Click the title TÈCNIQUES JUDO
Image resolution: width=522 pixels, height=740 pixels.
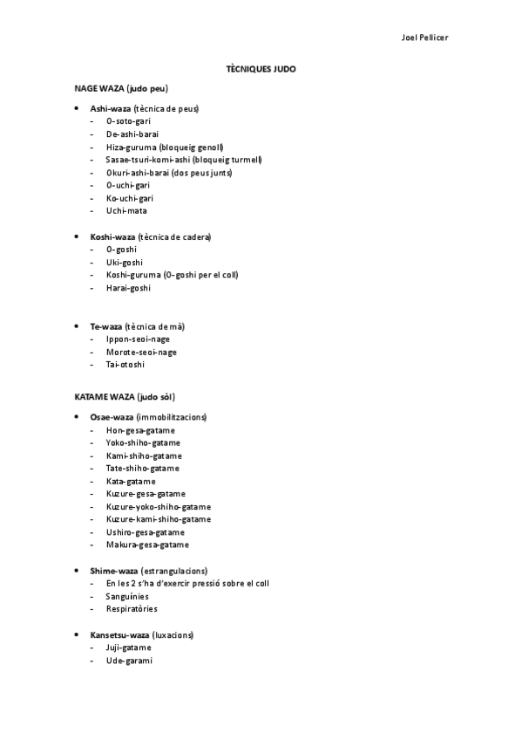pyautogui.click(x=261, y=67)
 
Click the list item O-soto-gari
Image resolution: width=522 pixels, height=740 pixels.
pyautogui.click(x=128, y=121)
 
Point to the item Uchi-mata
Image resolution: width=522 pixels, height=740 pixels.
pyautogui.click(x=125, y=210)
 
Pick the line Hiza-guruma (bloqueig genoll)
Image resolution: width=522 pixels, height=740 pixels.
pyautogui.click(x=165, y=147)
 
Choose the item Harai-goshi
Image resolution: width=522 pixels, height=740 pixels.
pyautogui.click(x=128, y=287)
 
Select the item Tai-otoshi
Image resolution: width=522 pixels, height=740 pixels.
pyautogui.click(x=125, y=364)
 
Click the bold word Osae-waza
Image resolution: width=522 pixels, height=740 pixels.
pyautogui.click(x=111, y=417)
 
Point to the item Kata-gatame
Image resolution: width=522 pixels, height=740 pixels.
pyautogui.click(x=131, y=481)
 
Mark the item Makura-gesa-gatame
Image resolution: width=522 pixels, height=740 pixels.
pyautogui.click(x=147, y=545)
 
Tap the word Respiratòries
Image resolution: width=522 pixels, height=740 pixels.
pyautogui.click(x=132, y=608)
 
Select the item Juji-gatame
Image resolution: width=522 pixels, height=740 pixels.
pyautogui.click(x=129, y=647)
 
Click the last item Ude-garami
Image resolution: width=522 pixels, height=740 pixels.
pyautogui.click(x=129, y=661)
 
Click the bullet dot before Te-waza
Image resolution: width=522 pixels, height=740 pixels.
pyautogui.click(x=78, y=325)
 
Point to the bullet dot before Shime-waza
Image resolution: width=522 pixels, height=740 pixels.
pyautogui.click(x=78, y=570)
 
